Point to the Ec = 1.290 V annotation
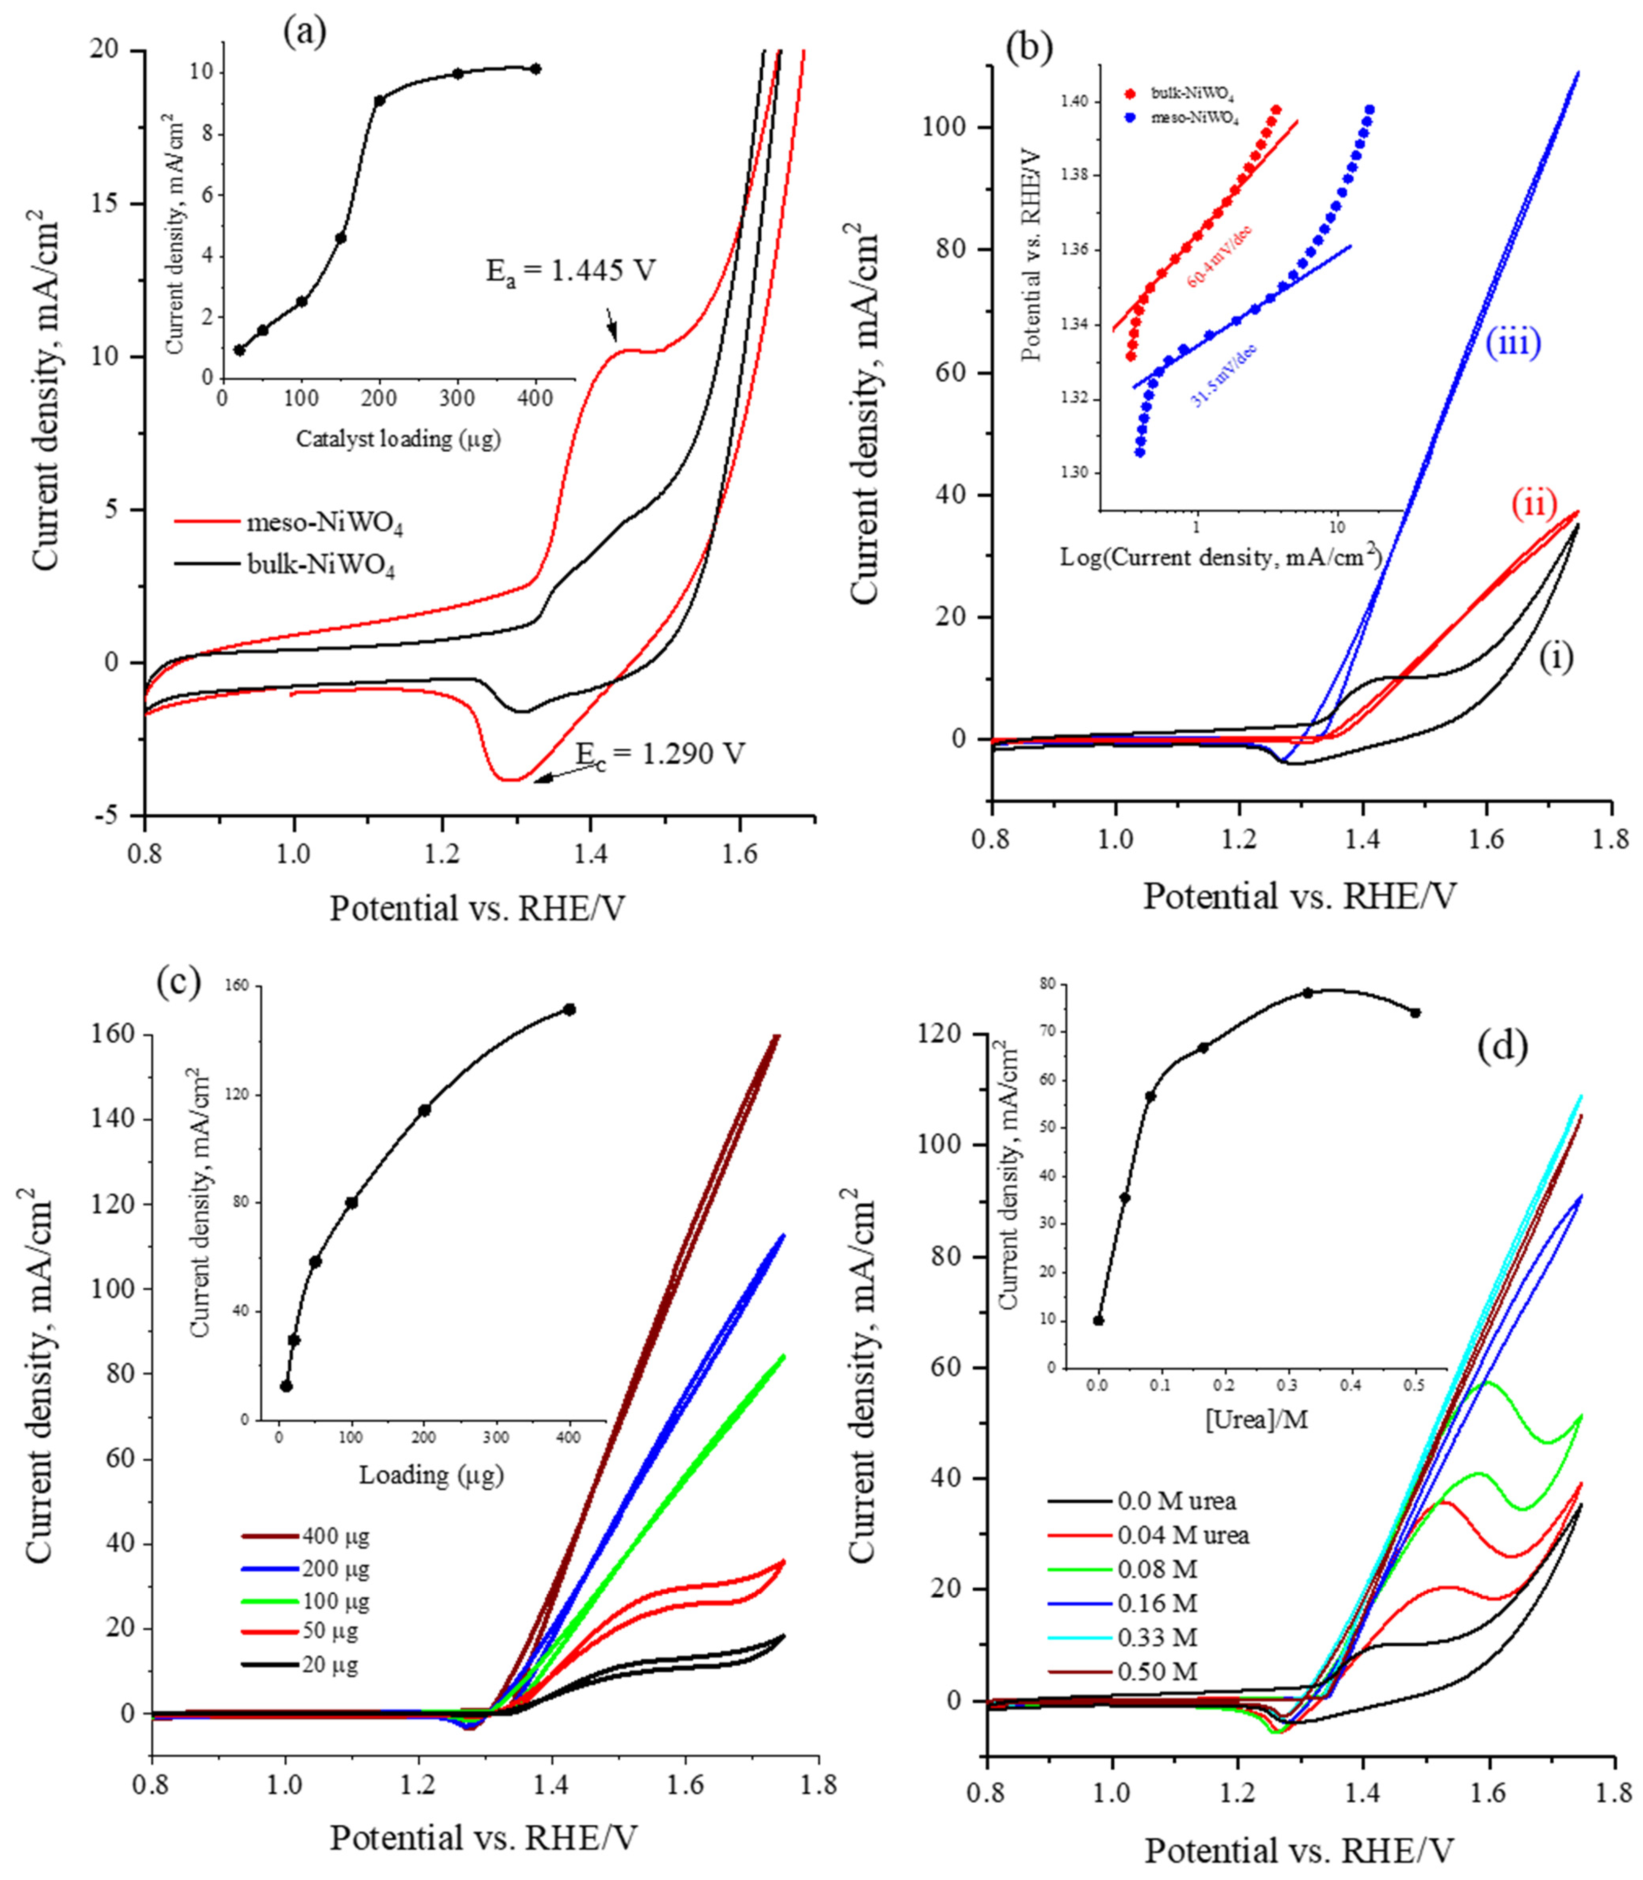(x=660, y=754)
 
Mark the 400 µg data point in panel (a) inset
(x=535, y=69)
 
